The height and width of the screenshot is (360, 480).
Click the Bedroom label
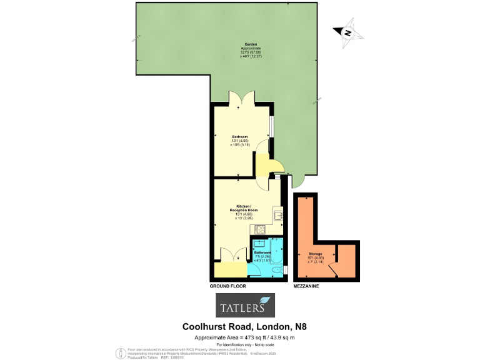click(x=240, y=136)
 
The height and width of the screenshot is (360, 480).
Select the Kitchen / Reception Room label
click(x=244, y=207)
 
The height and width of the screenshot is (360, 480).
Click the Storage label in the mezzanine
click(x=315, y=254)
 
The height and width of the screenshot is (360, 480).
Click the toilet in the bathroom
click(x=277, y=270)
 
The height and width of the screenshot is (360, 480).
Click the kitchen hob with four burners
click(x=261, y=229)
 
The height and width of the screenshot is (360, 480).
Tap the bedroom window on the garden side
click(x=271, y=126)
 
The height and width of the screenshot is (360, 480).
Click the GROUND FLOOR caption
click(x=227, y=286)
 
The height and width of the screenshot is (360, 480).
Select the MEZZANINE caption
click(x=307, y=286)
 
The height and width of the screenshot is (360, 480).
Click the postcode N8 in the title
click(x=299, y=326)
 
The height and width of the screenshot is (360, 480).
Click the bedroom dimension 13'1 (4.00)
click(x=241, y=141)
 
